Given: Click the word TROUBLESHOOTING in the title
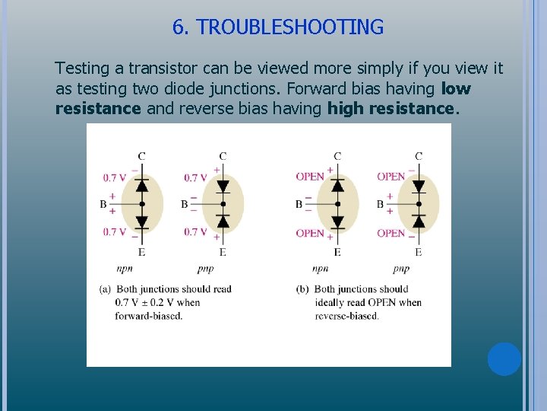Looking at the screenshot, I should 289,27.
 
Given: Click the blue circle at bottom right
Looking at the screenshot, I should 504,358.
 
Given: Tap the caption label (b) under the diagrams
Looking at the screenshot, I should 303,289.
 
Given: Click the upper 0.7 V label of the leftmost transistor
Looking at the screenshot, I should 115,178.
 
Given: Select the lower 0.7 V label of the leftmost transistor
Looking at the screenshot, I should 115,232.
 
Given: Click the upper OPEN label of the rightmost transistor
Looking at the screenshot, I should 391,177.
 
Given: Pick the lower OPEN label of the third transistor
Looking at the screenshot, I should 310,233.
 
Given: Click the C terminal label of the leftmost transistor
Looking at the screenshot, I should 141,156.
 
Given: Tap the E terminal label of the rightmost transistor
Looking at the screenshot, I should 419,252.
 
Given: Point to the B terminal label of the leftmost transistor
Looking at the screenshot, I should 103,204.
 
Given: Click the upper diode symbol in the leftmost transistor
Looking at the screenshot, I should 141,185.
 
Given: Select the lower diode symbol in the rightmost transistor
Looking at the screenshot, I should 419,221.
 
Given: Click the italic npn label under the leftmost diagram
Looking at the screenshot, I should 125,269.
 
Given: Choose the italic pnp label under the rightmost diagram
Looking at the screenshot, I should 401,269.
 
